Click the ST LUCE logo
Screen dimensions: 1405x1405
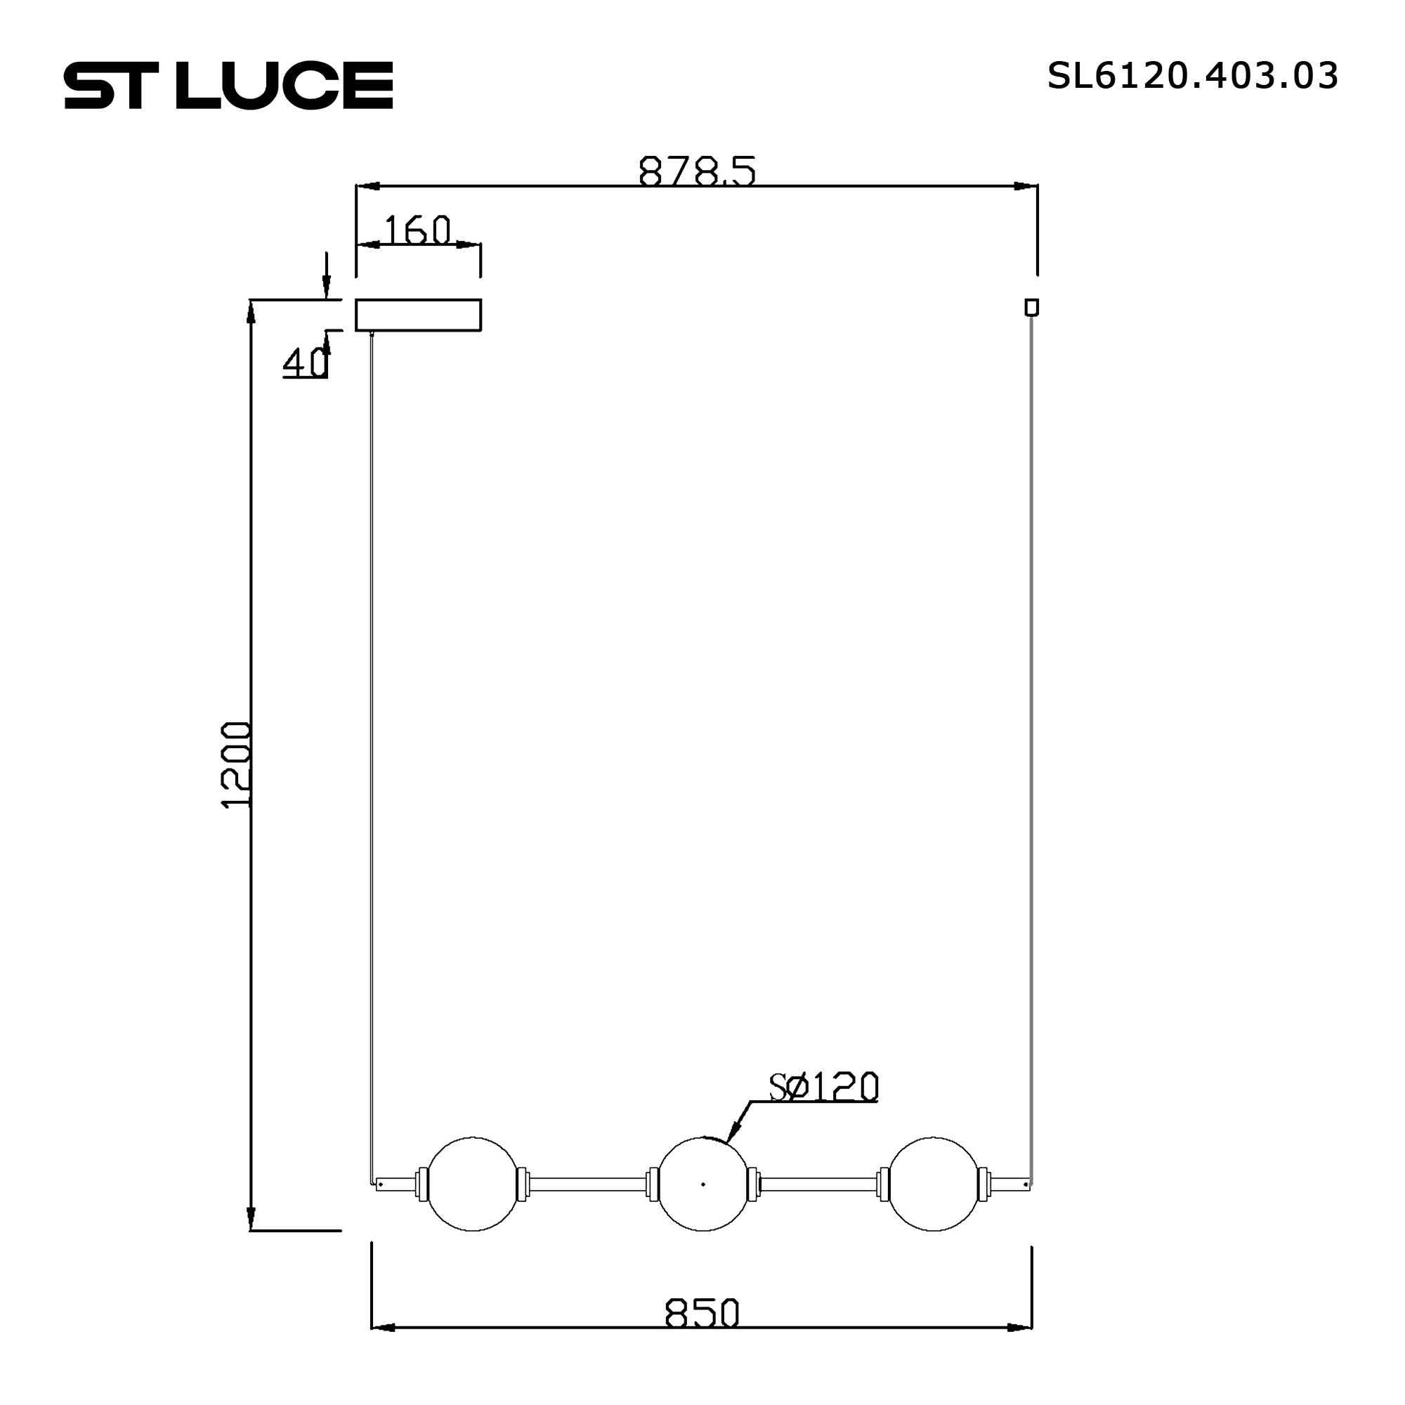[x=228, y=85]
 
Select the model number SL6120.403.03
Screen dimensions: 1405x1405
[x=1192, y=76]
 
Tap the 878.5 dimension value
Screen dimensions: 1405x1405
[x=697, y=171]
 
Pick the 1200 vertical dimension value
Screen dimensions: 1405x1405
[x=236, y=765]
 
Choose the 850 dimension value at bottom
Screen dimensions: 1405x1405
[x=702, y=1314]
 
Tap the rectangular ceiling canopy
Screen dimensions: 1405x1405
[x=418, y=315]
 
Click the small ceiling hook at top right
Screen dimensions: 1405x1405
[x=1031, y=307]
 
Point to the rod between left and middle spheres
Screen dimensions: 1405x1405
[x=587, y=1184]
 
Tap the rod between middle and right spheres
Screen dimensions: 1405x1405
[x=818, y=1184]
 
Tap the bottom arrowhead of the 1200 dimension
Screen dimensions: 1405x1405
[x=251, y=1217]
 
